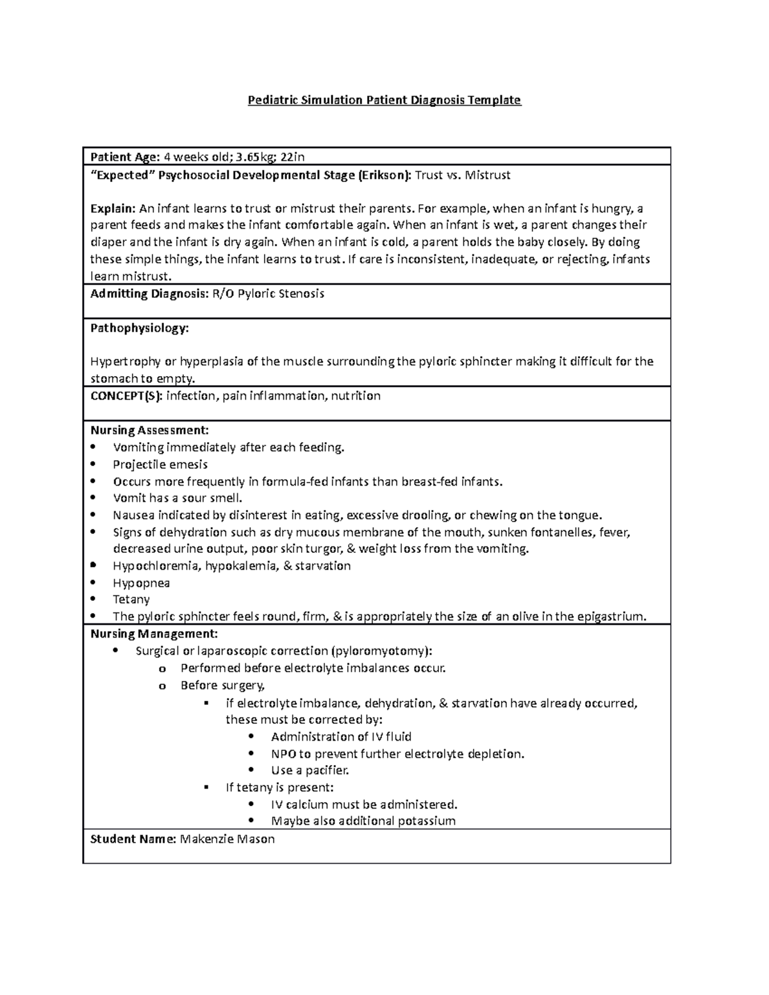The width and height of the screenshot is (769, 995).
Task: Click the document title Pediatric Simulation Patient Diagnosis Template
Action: [x=384, y=101]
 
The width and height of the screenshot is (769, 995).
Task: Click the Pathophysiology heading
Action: [x=140, y=328]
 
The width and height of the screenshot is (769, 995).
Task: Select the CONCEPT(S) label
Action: [x=126, y=396]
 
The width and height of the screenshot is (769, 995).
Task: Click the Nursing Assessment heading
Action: [x=149, y=431]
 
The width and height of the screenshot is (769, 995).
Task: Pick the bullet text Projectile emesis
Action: [x=160, y=465]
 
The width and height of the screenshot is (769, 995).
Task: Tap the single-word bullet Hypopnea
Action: [x=141, y=583]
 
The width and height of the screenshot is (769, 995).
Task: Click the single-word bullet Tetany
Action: [x=131, y=600]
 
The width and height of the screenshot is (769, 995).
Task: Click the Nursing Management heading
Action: [x=154, y=634]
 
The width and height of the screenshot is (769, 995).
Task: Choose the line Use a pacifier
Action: [x=310, y=770]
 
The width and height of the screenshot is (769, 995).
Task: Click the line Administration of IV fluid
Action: [x=341, y=737]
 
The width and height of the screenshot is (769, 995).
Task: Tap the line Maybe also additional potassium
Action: [x=363, y=821]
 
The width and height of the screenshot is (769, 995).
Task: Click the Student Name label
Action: [x=133, y=839]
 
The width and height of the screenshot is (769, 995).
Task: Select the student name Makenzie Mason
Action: [x=227, y=839]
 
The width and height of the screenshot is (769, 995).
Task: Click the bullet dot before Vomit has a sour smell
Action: [x=94, y=498]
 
